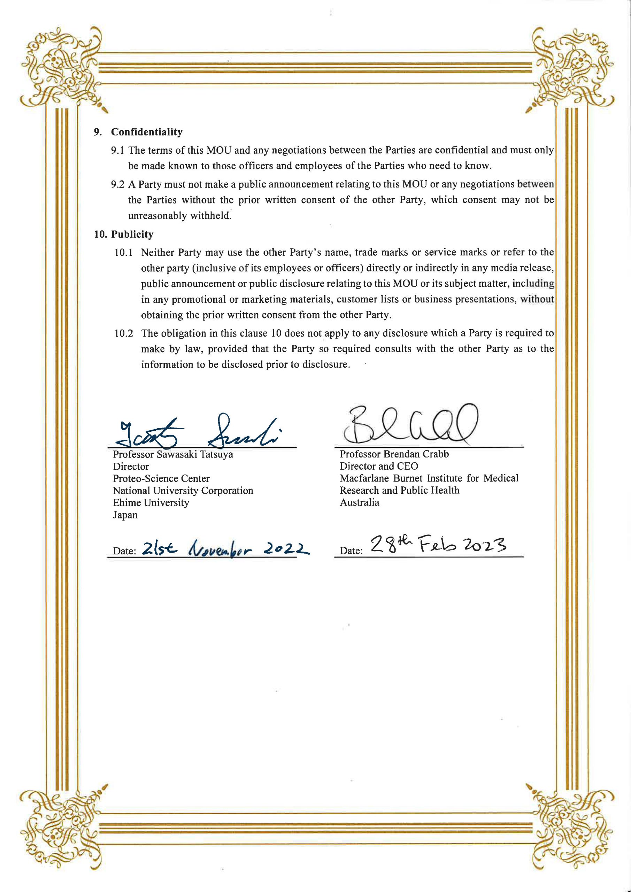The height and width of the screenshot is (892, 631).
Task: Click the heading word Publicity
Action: tap(132, 234)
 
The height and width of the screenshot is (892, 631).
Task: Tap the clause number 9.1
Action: tap(117, 150)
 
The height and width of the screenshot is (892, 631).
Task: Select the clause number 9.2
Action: tap(117, 184)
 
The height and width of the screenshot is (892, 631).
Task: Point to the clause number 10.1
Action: tap(124, 253)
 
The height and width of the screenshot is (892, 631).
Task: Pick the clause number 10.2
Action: tap(124, 333)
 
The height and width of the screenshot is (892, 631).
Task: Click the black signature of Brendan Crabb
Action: tap(409, 425)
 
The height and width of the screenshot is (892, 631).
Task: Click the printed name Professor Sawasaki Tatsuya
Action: tap(173, 454)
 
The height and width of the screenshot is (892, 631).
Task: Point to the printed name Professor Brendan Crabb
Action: tap(394, 454)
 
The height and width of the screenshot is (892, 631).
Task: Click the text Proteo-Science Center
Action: tap(161, 478)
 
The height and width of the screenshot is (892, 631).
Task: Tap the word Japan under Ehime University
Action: tap(125, 515)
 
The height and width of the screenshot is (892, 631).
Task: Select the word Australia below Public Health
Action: tap(360, 502)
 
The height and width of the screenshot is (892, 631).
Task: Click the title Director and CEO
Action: tap(379, 466)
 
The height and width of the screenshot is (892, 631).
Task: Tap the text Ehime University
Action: tap(151, 503)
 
